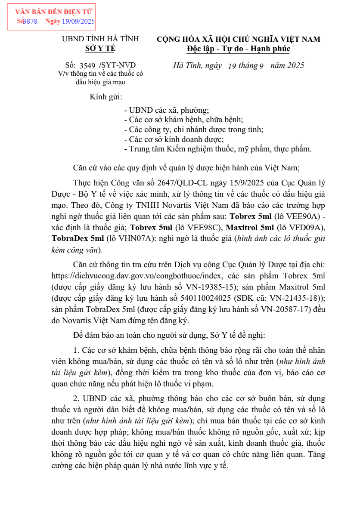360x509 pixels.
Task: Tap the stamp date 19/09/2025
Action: click(x=78, y=21)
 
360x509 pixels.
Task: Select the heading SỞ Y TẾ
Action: click(x=100, y=49)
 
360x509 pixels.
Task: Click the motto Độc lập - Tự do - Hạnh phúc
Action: click(x=238, y=49)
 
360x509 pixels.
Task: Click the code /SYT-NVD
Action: click(x=117, y=65)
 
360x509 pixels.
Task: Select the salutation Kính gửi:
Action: click(x=106, y=97)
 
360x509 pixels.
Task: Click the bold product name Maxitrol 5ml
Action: click(x=250, y=227)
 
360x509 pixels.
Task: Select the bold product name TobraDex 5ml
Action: click(x=78, y=238)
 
